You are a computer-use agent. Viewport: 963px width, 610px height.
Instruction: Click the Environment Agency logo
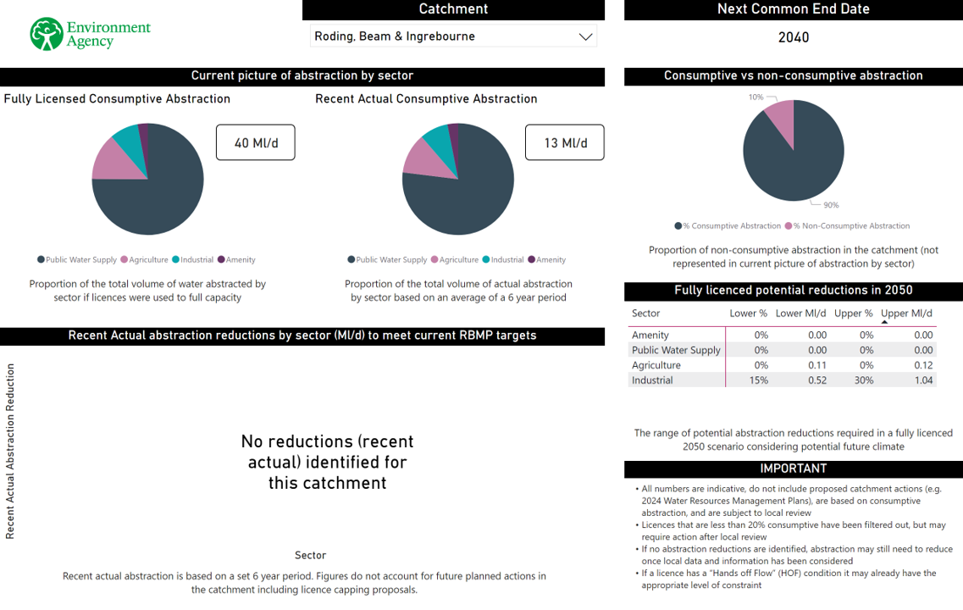[90, 34]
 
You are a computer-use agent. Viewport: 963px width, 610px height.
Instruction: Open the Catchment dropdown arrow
[584, 36]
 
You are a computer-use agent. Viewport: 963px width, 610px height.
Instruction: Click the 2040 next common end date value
[794, 37]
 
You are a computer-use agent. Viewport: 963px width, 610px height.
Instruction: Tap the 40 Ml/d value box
[256, 142]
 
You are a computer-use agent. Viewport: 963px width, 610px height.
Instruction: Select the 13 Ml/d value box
[564, 142]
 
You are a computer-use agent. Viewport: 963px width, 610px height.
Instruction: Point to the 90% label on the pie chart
[831, 205]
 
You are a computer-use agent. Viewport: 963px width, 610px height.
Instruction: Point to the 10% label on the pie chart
[755, 97]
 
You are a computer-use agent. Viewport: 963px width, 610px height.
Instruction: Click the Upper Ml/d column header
[906, 313]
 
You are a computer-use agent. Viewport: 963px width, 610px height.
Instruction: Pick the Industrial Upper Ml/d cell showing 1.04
[923, 380]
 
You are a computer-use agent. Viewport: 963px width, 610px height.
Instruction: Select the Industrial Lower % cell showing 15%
[758, 380]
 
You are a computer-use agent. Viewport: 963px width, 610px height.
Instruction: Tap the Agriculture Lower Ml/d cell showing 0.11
[817, 365]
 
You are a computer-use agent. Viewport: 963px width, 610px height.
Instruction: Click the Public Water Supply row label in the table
[676, 350]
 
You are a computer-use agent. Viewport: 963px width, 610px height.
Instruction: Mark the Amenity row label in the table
[650, 335]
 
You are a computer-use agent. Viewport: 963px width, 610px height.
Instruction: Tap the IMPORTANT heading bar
[794, 469]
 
